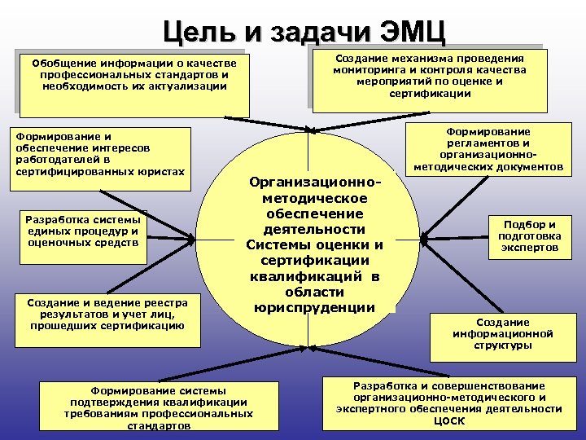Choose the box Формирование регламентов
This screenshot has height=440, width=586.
[x=488, y=148]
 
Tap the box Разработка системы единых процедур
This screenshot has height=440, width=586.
[x=82, y=237]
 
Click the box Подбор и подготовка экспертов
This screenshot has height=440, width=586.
[x=530, y=236]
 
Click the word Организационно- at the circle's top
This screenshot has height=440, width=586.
[x=313, y=183]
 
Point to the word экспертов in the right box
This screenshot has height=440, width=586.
[x=530, y=248]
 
